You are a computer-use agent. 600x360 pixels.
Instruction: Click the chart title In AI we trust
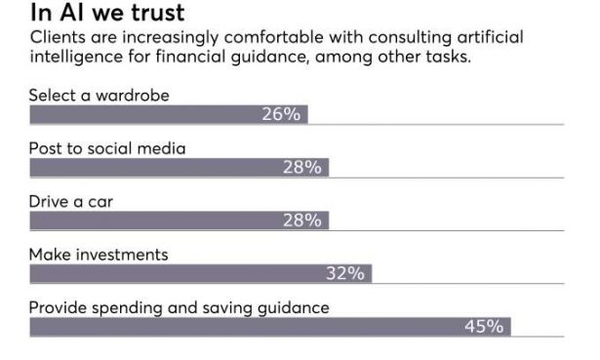(x=107, y=15)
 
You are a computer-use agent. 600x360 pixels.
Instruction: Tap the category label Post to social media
(x=106, y=148)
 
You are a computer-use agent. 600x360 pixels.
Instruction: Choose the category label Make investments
(x=99, y=255)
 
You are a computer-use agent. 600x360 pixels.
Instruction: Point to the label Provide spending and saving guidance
(x=179, y=307)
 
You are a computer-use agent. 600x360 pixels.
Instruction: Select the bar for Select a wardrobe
(x=146, y=114)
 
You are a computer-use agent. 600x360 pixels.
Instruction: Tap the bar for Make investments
(x=176, y=273)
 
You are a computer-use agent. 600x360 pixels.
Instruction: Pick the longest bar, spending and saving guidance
(x=244, y=327)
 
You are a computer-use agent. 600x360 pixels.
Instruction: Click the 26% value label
(x=280, y=114)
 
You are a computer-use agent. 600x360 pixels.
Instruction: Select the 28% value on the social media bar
(x=301, y=167)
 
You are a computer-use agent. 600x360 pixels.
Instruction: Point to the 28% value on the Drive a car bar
(x=301, y=220)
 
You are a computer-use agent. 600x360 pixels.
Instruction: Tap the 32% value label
(x=344, y=273)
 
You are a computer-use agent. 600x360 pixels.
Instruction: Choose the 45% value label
(x=484, y=327)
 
